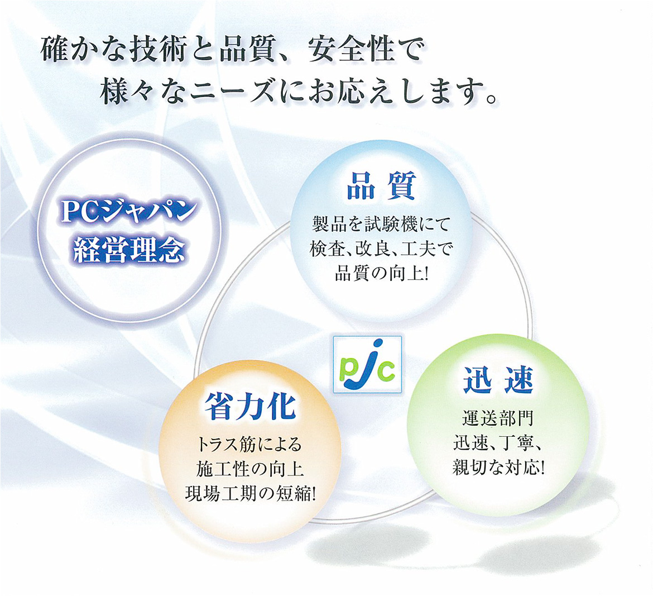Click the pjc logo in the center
[367, 364]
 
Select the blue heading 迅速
[498, 379]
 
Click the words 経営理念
[129, 250]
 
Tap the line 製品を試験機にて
[381, 225]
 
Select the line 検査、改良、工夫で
[381, 249]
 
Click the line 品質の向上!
[381, 274]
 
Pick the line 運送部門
[498, 418]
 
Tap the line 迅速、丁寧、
[498, 442]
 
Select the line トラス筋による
[250, 444]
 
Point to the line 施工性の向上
[250, 469]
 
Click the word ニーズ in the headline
[233, 91]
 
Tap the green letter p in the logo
[347, 372]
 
